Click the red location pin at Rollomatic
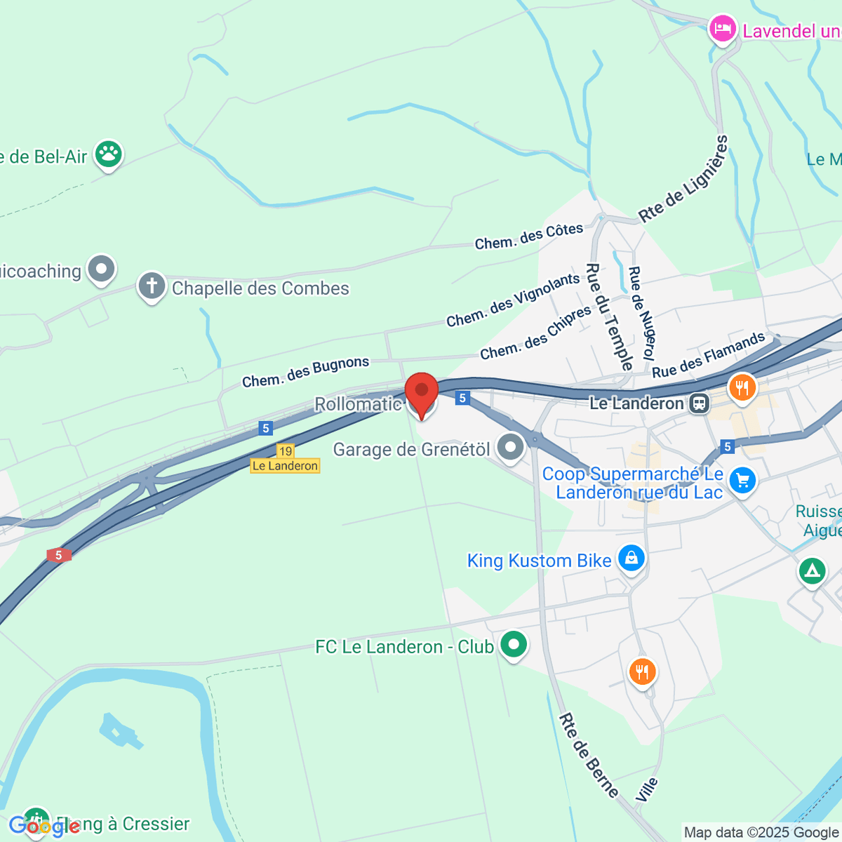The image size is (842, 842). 422,393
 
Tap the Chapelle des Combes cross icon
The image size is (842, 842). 152,286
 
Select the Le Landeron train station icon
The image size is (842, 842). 699,403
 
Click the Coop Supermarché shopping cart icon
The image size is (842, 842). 742,481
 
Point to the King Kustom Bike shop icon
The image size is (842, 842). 631,559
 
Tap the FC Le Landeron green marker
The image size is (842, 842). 514,644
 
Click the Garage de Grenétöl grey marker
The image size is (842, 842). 510,447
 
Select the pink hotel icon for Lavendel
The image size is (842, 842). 721,29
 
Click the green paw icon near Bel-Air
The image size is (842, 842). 109,154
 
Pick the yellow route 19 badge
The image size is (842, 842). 285,451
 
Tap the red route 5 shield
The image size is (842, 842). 59,555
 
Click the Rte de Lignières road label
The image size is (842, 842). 683,179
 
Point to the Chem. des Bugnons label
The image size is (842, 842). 305,372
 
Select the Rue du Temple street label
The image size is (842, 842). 610,316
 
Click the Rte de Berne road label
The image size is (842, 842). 589,755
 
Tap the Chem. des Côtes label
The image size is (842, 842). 529,236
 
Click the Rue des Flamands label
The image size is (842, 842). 709,354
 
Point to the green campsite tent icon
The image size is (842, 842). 812,571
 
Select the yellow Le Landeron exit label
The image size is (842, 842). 285,466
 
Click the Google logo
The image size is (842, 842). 44,827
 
